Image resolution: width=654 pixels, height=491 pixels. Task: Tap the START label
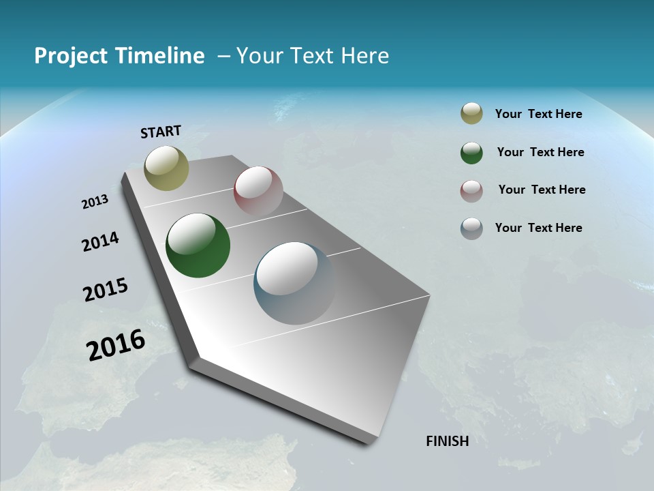click(x=161, y=132)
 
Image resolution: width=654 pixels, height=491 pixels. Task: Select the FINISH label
click(x=448, y=441)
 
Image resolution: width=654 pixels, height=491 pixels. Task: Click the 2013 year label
click(x=95, y=202)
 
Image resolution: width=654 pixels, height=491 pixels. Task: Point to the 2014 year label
click(x=100, y=241)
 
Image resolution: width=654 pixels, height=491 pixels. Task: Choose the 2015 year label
click(x=106, y=290)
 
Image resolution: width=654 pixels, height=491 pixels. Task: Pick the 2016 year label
click(x=116, y=344)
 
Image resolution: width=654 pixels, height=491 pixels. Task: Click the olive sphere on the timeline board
click(x=167, y=168)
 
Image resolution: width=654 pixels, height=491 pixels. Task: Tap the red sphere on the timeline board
click(x=258, y=191)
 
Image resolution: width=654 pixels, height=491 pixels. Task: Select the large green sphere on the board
click(x=198, y=245)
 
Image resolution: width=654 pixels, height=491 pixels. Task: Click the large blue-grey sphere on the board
click(x=295, y=283)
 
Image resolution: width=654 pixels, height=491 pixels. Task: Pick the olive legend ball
click(x=471, y=114)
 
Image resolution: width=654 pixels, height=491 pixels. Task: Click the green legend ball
click(x=471, y=153)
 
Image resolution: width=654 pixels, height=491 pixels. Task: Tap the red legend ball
click(x=471, y=191)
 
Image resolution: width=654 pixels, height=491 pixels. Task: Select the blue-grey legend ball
click(x=471, y=228)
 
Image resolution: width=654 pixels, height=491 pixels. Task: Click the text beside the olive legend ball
click(x=538, y=114)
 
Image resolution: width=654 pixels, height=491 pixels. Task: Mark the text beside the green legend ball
click(x=540, y=152)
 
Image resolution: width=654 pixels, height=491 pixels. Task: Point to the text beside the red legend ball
click(x=542, y=190)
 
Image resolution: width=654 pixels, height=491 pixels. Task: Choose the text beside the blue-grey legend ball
click(x=538, y=228)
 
